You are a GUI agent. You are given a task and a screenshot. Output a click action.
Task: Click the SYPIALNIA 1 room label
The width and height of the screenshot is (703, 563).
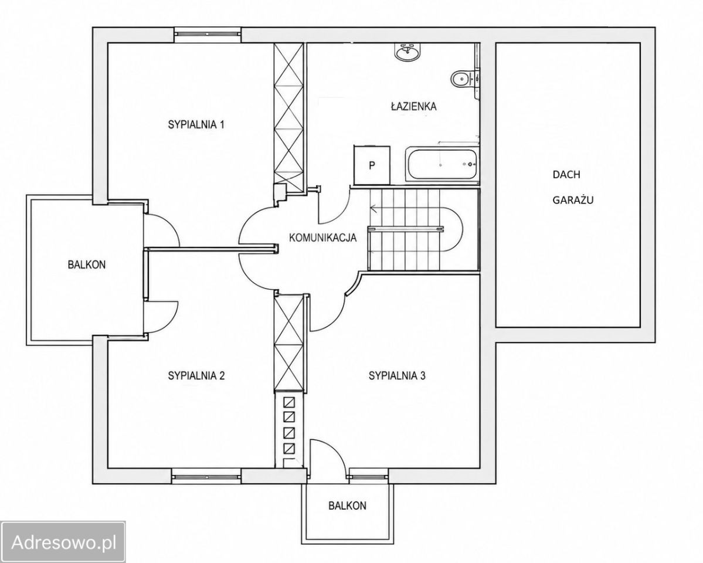click(x=196, y=125)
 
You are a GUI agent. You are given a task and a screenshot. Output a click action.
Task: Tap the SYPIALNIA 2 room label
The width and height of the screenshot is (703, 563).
click(x=196, y=376)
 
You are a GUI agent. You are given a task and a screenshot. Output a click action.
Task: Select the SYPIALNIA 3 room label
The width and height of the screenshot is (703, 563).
click(x=397, y=376)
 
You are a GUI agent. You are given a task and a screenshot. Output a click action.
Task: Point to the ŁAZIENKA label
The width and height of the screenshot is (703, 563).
click(x=413, y=106)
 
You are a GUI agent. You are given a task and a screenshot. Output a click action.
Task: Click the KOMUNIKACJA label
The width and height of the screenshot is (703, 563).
click(x=323, y=238)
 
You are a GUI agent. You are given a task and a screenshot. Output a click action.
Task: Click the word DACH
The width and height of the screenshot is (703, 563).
click(x=566, y=175)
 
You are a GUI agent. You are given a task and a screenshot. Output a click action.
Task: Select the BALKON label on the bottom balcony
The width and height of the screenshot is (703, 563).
click(x=347, y=506)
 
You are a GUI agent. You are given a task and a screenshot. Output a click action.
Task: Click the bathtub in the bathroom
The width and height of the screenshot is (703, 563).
click(x=442, y=164)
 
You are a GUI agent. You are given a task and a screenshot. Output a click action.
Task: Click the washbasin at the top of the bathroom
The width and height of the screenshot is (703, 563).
click(x=407, y=52)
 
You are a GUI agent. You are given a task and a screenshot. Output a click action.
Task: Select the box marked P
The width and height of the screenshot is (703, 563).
click(x=372, y=165)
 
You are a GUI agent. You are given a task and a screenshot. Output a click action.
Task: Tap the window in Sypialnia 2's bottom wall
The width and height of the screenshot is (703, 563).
click(x=207, y=475)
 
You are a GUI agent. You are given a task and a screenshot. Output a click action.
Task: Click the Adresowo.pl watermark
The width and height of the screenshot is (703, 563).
click(x=63, y=542)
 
